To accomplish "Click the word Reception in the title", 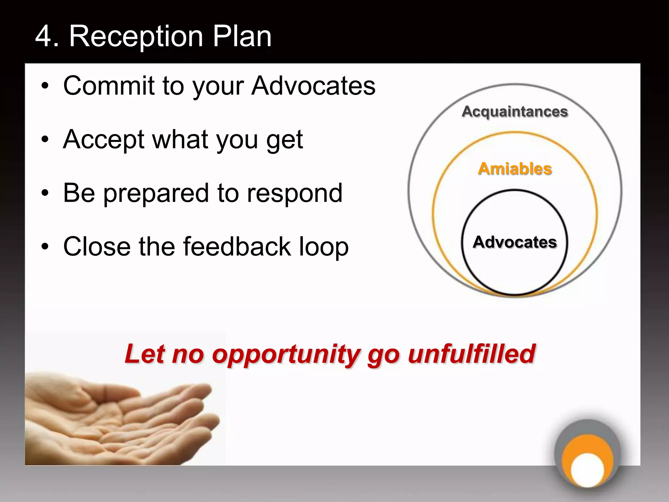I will coord(137,37).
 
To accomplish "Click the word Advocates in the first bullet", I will coord(313,86).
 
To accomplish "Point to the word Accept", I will coord(104,140).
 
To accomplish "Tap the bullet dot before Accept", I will coord(45,139).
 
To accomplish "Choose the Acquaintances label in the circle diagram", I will coord(514,111).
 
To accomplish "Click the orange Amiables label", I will coord(514,169).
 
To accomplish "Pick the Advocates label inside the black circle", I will coord(514,242).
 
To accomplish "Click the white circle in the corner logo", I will coord(587,470).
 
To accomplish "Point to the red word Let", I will coord(145,354).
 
